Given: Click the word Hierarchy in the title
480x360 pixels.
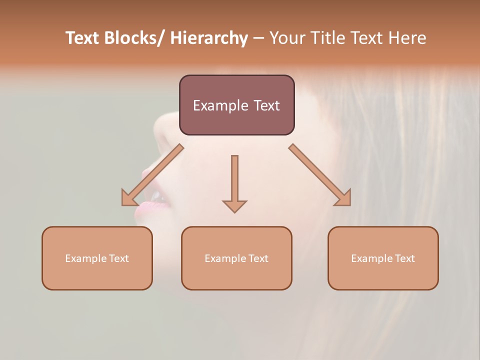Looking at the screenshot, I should tap(209, 38).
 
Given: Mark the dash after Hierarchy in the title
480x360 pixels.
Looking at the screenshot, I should tap(258, 38).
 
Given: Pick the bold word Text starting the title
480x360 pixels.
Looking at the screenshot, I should tap(83, 38).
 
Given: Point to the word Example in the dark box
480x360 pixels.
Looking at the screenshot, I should tap(220, 105).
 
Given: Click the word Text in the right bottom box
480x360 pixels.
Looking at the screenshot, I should tap(404, 258).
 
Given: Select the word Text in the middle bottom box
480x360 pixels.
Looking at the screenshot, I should tap(257, 258).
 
